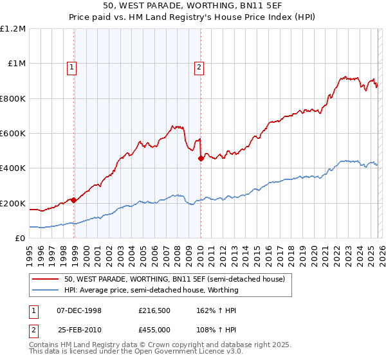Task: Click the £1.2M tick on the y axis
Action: [13, 29]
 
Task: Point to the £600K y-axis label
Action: [13, 134]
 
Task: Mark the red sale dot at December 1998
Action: [74, 200]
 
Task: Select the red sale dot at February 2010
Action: [201, 158]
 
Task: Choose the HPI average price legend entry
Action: [151, 290]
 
